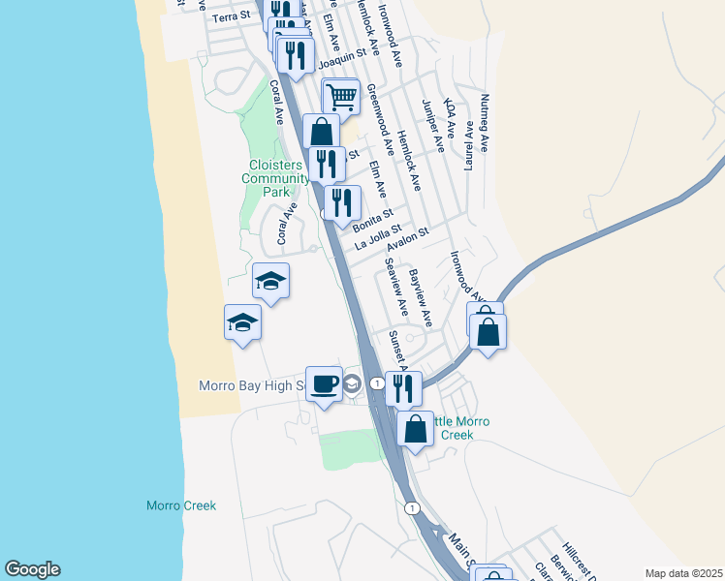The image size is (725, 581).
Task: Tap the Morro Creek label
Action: (180, 505)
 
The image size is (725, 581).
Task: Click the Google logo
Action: (32, 569)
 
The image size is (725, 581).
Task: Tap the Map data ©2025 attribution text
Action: (683, 573)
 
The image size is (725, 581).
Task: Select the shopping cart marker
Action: (340, 97)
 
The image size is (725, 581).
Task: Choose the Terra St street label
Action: (232, 16)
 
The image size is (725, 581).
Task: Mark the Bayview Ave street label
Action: (420, 295)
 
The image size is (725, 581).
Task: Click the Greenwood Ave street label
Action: (379, 120)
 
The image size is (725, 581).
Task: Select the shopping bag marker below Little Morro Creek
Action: (416, 430)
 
